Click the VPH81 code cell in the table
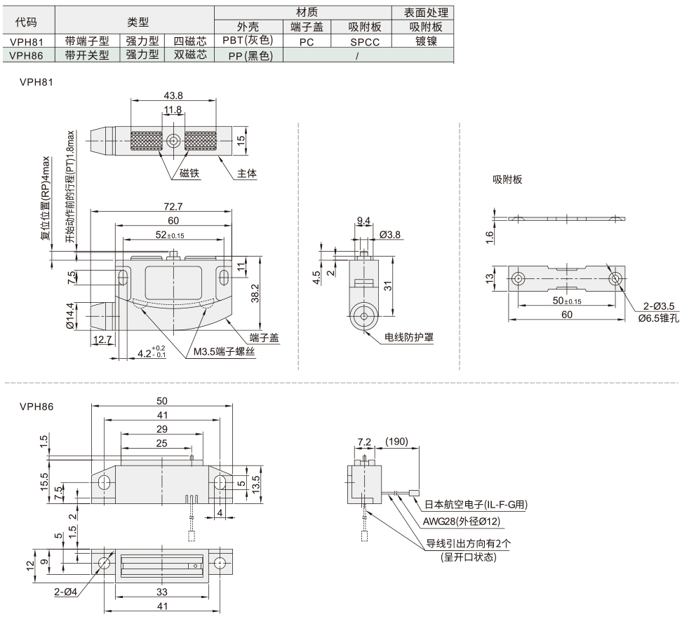(x=27, y=41)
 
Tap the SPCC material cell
(x=365, y=42)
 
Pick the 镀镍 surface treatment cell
(x=426, y=41)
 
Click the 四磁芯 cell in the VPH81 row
(x=190, y=41)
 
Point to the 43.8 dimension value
(x=173, y=95)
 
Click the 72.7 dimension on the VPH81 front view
(x=173, y=206)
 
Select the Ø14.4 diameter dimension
(x=69, y=315)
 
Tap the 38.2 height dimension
(x=255, y=294)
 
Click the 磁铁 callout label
(x=189, y=173)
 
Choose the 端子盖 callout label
(x=264, y=338)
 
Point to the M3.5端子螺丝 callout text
(x=224, y=352)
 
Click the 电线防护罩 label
(x=409, y=337)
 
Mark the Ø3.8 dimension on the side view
(x=389, y=235)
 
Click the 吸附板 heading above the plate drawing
(x=507, y=179)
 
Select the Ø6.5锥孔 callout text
(x=659, y=318)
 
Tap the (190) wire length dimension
(x=396, y=442)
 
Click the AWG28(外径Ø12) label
(x=461, y=522)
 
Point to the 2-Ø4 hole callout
(x=66, y=592)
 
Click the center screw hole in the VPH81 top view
(x=173, y=142)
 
